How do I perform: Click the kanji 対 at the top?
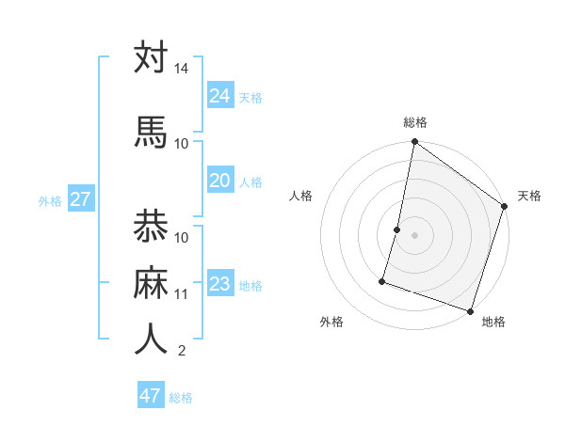click(151, 58)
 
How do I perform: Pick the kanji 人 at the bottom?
click(151, 339)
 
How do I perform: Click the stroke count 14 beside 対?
click(182, 70)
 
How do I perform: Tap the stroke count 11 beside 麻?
click(182, 294)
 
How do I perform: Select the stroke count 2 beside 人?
click(182, 352)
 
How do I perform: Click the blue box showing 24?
click(220, 95)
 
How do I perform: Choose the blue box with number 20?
click(220, 181)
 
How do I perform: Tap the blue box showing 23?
click(220, 284)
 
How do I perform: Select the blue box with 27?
click(81, 199)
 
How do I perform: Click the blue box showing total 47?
click(151, 396)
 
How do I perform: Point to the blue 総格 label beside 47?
click(181, 398)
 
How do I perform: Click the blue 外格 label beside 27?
click(50, 201)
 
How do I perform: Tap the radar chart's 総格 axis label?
click(414, 122)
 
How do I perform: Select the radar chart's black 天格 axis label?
click(529, 196)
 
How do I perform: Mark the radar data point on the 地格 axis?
click(469, 309)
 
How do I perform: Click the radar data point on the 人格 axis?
click(397, 229)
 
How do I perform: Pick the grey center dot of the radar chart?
click(414, 235)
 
